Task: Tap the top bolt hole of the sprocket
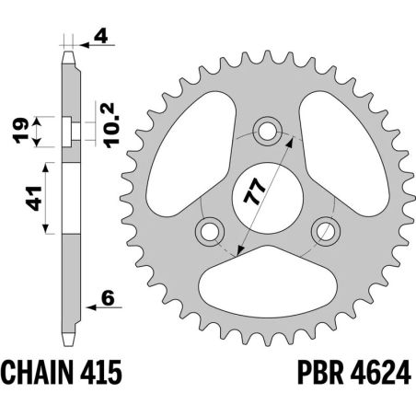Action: (x=268, y=131)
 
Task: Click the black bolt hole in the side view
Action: (x=67, y=131)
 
